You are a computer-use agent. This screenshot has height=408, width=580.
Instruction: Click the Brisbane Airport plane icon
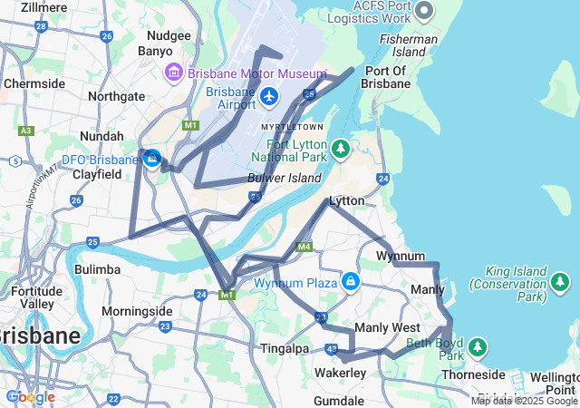[268, 95]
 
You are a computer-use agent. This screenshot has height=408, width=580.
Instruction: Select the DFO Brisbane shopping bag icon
[151, 159]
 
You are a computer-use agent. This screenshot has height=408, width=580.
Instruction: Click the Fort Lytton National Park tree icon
[340, 147]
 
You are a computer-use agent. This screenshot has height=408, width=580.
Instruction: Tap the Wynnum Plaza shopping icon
[350, 283]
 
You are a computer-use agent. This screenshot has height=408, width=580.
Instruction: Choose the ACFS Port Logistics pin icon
[424, 11]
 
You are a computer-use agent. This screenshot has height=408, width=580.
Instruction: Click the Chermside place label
[34, 83]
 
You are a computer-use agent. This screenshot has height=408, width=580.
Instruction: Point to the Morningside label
[136, 311]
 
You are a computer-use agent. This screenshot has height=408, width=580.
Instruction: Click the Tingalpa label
[284, 349]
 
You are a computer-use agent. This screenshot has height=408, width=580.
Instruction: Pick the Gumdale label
[339, 400]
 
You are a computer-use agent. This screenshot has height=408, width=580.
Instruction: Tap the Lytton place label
[347, 200]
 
